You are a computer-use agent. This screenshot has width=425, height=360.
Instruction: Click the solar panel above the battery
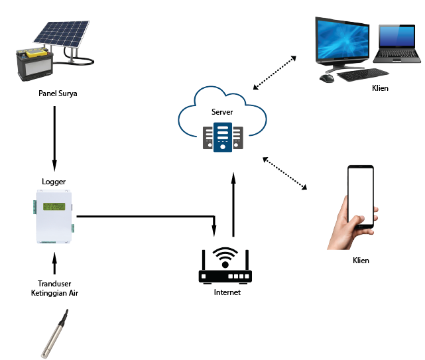pos(62,33)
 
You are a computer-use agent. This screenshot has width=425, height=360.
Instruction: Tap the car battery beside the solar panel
pos(34,64)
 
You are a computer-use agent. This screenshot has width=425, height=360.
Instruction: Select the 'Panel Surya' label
pos(58,93)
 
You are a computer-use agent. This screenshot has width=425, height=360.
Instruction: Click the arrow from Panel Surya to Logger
pos(54,139)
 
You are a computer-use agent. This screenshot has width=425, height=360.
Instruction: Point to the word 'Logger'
pos(54,182)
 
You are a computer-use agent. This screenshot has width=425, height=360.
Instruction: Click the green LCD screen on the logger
pos(54,207)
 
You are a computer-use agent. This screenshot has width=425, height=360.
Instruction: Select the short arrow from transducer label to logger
pos(54,263)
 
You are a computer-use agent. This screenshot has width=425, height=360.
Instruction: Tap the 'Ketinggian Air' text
pos(54,293)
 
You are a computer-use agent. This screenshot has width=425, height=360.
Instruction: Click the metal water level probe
pos(55,333)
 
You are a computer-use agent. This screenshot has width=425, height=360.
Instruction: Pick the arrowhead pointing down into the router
pos(214,231)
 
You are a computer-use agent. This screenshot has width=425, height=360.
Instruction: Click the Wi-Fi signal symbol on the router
pos(225,257)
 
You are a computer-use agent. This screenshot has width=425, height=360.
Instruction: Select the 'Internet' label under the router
pos(227,292)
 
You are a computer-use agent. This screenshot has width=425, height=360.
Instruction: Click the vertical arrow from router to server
pos(233,204)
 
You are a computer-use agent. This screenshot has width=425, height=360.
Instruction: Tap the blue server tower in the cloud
pos(223,137)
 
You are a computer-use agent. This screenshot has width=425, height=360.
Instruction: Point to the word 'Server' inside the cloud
pos(222,112)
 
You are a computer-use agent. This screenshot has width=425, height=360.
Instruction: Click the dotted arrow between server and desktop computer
pos(274,73)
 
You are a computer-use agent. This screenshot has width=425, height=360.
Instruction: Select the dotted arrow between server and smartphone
pos(285,173)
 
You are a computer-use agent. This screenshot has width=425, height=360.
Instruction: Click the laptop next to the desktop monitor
pos(396,44)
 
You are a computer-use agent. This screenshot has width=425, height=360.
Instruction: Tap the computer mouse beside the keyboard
pos(327,78)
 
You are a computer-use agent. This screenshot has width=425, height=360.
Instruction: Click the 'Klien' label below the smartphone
pos(361,261)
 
